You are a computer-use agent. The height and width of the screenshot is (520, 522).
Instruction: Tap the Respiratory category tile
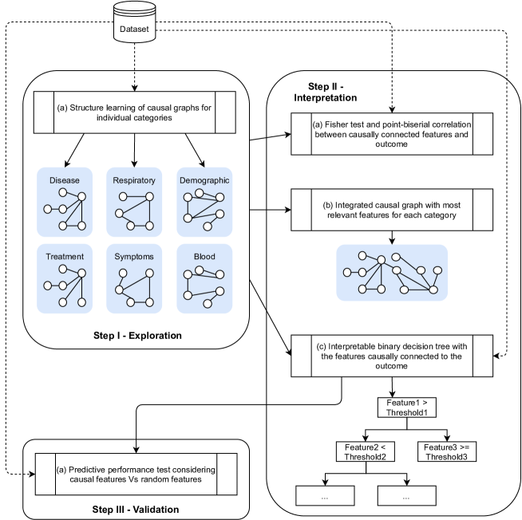click(133, 201)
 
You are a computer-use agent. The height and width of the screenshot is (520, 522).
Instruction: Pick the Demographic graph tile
click(204, 201)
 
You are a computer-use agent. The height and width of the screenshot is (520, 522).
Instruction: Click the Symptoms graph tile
click(133, 278)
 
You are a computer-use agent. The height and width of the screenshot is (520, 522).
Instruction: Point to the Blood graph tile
click(204, 278)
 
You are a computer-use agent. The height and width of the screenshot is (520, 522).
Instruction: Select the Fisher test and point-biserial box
click(391, 129)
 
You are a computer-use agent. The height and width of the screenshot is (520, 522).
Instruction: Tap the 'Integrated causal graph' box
click(391, 210)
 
